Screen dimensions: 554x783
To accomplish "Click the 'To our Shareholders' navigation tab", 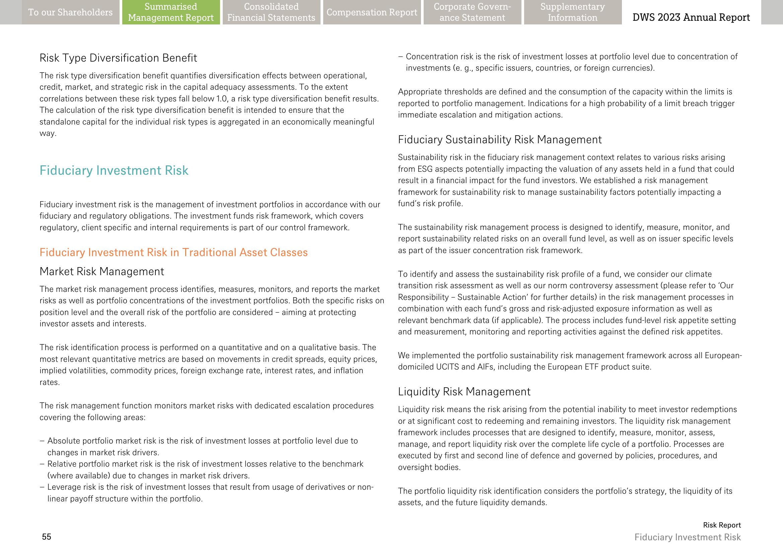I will click(70, 12).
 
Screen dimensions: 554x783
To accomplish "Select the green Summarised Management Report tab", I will click(171, 12).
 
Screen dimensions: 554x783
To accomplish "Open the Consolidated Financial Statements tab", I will click(271, 12).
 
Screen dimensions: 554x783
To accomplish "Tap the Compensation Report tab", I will click(372, 12).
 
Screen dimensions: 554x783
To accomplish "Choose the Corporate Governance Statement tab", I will click(472, 12).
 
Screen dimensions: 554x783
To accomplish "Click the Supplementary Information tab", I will click(572, 12).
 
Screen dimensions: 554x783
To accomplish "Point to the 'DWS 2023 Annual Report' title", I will click(691, 17).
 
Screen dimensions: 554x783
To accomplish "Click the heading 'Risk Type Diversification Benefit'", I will click(118, 58).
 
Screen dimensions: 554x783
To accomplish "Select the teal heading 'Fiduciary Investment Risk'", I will click(114, 171).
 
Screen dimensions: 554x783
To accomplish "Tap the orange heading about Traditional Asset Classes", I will click(173, 252).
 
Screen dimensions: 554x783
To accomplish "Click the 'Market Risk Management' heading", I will click(102, 271).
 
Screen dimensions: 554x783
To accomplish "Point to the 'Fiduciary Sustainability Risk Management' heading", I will click(500, 140).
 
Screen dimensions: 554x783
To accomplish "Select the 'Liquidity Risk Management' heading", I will click(464, 392).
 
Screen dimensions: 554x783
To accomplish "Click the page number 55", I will click(47, 537).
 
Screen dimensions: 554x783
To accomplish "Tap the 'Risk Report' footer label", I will click(722, 525).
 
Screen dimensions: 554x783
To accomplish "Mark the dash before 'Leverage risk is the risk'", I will click(42, 487).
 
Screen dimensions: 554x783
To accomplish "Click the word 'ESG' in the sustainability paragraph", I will click(425, 169).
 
